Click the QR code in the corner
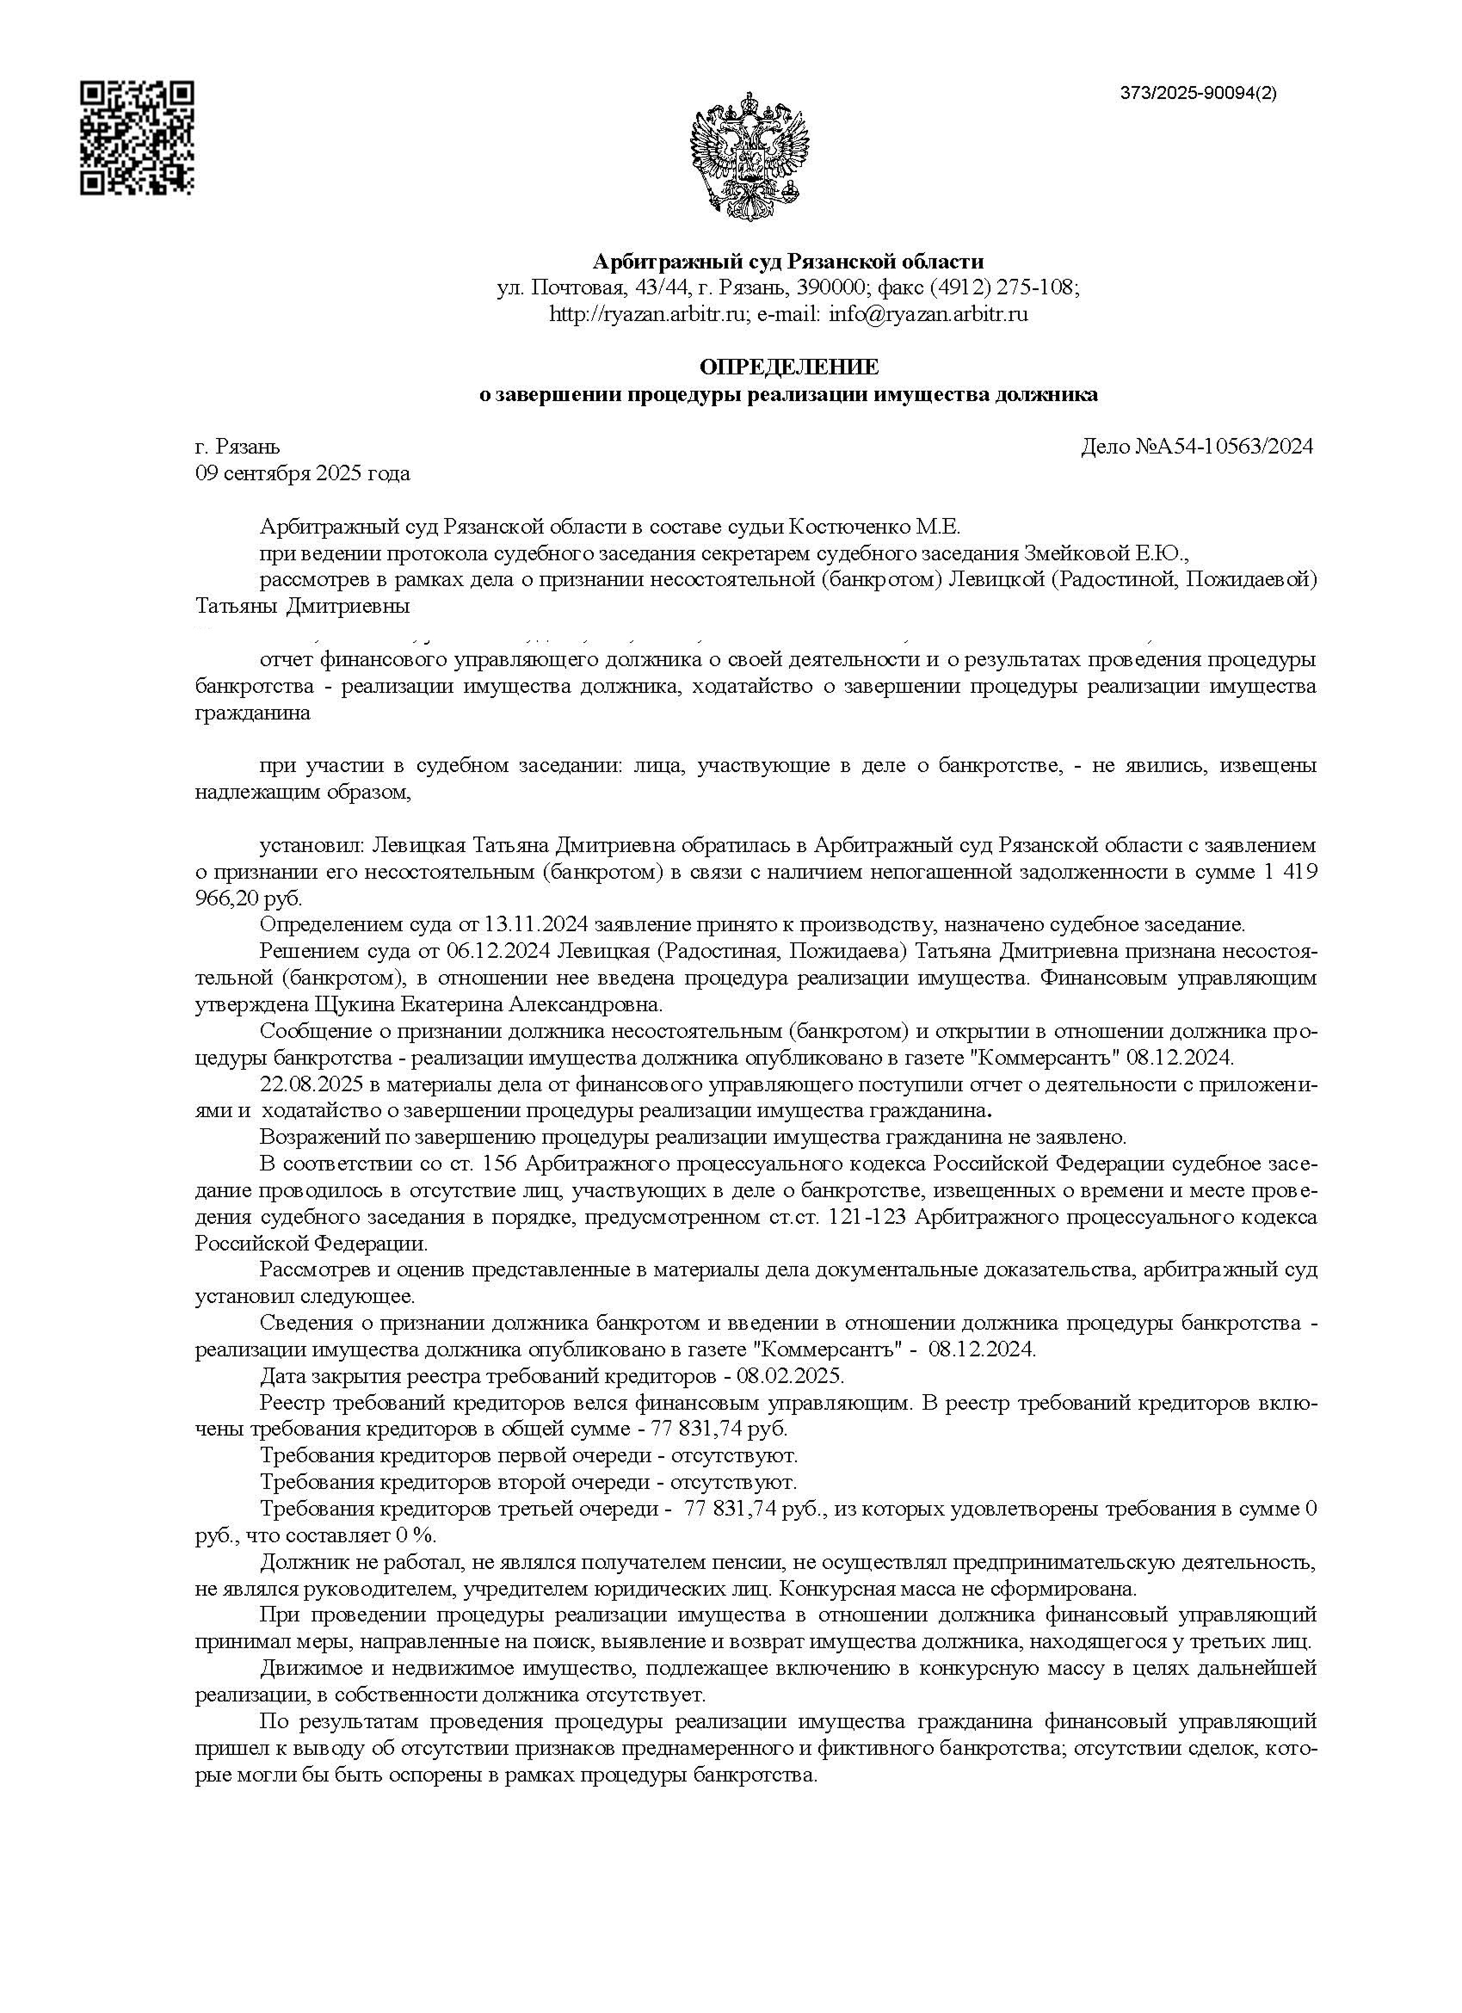click(x=138, y=138)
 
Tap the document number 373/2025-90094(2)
click(x=1199, y=93)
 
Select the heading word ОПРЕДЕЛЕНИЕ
click(x=788, y=367)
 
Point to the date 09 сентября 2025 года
click(x=303, y=473)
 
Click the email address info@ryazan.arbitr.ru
click(x=928, y=313)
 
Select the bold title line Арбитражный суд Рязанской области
click(x=788, y=262)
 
